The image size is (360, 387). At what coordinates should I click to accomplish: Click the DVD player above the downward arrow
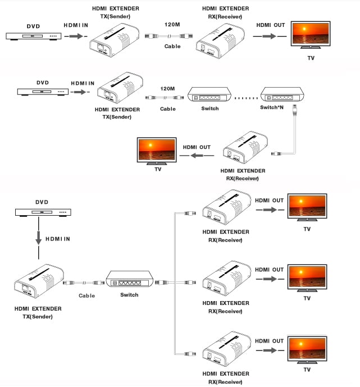pos(43,212)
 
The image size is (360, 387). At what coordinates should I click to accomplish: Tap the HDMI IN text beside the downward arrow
pos(58,239)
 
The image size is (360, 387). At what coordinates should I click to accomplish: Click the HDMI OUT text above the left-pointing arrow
pos(197,147)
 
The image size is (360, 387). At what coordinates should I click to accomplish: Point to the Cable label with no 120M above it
pos(86,295)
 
